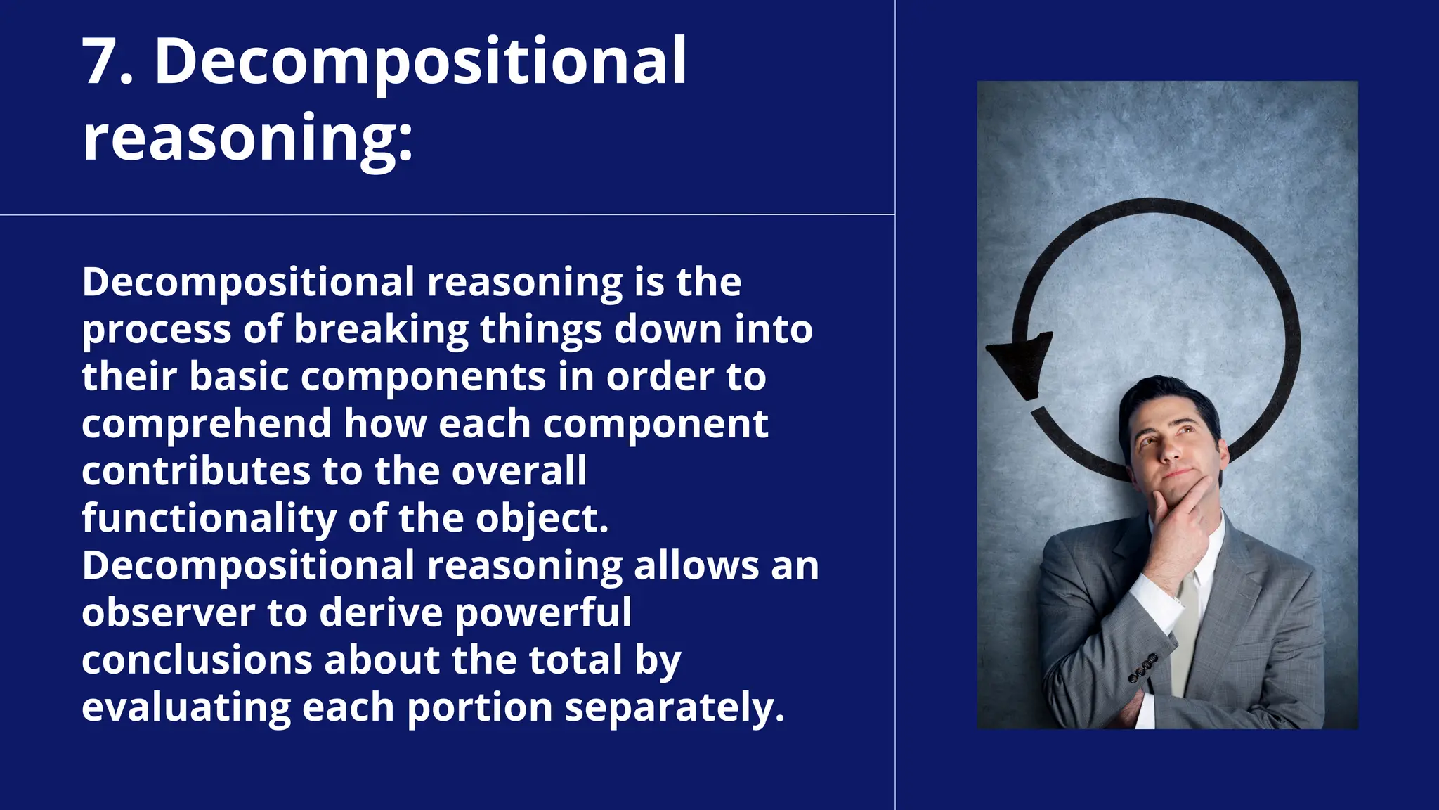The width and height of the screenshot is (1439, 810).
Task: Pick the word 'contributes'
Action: pos(196,471)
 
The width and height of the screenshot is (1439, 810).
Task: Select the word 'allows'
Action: pos(696,566)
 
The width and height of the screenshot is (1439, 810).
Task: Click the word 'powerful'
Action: pos(543,613)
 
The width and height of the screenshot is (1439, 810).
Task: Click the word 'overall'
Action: pos(519,471)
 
